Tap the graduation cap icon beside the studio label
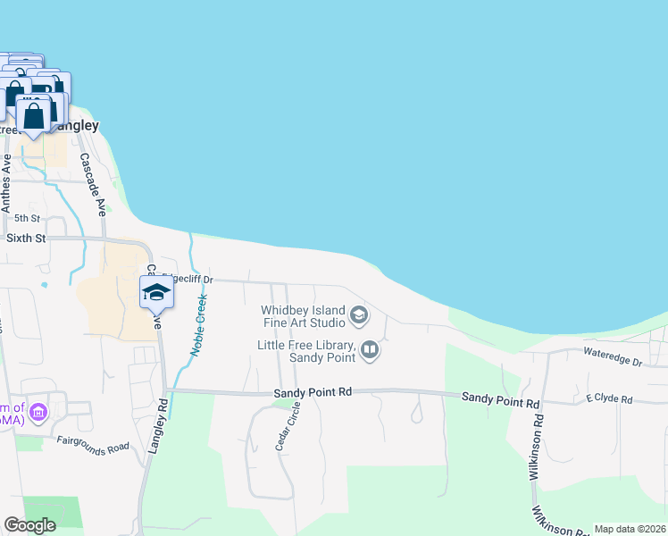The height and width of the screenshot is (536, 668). pyautogui.click(x=359, y=314)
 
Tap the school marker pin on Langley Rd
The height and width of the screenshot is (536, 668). pyautogui.click(x=155, y=293)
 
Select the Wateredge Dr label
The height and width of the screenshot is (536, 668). pyautogui.click(x=613, y=363)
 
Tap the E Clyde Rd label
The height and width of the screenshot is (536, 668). pyautogui.click(x=609, y=399)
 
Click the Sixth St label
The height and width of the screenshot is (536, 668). pyautogui.click(x=25, y=239)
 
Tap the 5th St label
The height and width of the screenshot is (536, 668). pyautogui.click(x=27, y=218)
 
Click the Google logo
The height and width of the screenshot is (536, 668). pyautogui.click(x=29, y=525)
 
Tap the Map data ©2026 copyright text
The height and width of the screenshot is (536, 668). pyautogui.click(x=630, y=529)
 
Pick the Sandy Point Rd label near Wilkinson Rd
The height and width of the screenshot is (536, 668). pyautogui.click(x=500, y=403)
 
